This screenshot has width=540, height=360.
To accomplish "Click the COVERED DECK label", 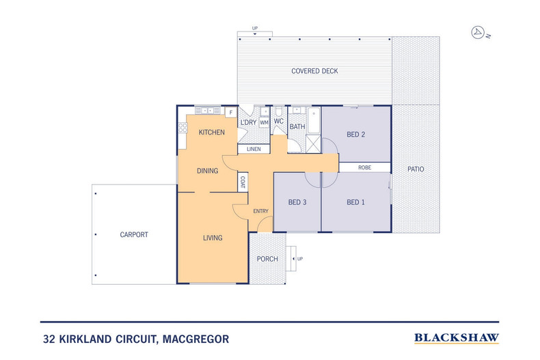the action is (314, 71).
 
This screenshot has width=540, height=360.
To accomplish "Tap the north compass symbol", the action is (478, 32).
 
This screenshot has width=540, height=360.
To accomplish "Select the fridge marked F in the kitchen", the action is (231, 113).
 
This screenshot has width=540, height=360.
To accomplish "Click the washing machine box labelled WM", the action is (264, 122).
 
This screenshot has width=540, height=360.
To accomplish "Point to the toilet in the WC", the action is (279, 111).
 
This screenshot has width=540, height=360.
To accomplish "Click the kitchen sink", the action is (208, 111).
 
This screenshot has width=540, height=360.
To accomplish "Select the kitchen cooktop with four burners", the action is (183, 128).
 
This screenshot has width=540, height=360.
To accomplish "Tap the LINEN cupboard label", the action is (254, 149).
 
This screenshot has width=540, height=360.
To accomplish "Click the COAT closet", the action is (243, 182).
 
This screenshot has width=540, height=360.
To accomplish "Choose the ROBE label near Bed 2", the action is (365, 167).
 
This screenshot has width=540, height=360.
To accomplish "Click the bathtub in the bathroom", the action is (314, 120).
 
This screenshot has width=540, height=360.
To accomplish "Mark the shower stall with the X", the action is (313, 144).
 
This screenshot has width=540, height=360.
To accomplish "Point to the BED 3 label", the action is (297, 202).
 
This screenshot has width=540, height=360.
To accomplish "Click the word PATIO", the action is (416, 169).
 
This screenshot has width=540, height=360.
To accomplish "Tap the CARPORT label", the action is (134, 235).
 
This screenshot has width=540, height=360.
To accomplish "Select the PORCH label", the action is (267, 259).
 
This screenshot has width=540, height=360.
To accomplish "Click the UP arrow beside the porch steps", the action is (293, 259).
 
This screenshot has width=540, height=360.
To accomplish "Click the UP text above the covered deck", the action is (255, 28).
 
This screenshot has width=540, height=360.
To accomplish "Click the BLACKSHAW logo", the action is (457, 338).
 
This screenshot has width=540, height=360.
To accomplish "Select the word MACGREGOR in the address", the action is (195, 340).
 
